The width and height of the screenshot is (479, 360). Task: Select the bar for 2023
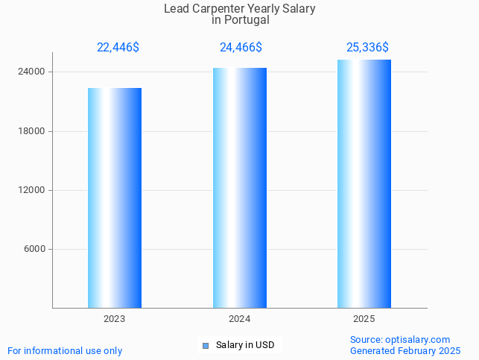[115, 198]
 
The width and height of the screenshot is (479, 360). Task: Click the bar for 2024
[239, 188]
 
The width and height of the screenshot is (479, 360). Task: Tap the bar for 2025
[364, 183]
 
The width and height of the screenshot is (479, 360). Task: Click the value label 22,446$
[118, 48]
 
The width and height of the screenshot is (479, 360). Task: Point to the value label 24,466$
[241, 48]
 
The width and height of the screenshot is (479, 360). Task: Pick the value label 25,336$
[367, 48]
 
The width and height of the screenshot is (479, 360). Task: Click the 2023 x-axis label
[115, 319]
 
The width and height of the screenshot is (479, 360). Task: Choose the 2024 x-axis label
[239, 319]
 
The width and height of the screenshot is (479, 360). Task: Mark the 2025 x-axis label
[364, 319]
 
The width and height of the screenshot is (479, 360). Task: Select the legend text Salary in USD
[245, 345]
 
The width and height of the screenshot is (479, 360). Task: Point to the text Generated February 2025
[405, 350]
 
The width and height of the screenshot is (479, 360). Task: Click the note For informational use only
[65, 350]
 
